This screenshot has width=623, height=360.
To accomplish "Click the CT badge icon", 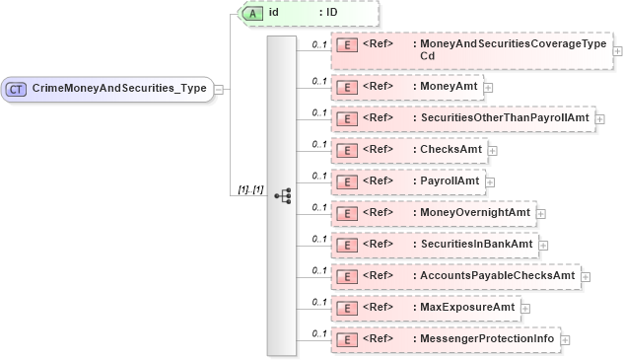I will click(16, 89).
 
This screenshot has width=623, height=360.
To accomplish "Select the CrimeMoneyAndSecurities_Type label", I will click(119, 89).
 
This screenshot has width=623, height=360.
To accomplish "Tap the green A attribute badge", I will click(251, 13).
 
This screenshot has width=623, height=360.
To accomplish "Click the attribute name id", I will click(273, 13).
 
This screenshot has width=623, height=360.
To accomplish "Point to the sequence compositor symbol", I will click(283, 195).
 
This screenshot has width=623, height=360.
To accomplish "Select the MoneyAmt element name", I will click(448, 87).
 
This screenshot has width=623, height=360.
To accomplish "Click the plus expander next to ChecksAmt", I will click(494, 151).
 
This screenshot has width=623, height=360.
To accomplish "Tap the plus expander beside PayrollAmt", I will click(489, 182).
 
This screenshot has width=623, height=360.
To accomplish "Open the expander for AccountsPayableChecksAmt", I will click(586, 277).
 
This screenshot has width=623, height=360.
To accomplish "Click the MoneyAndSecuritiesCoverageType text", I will click(513, 44).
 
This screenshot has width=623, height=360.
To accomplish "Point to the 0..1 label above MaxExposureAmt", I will click(318, 301).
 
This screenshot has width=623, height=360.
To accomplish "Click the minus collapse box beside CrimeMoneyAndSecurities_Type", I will click(218, 89).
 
